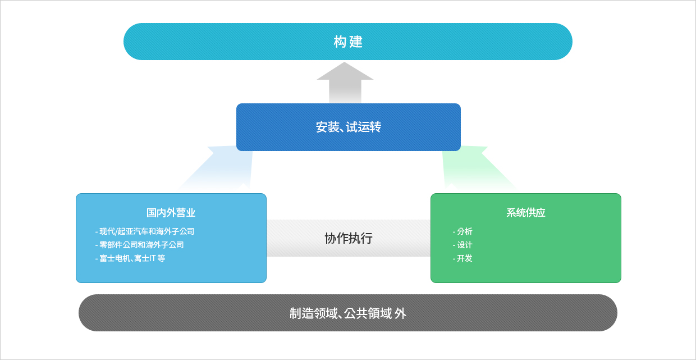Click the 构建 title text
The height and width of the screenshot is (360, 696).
[348, 42]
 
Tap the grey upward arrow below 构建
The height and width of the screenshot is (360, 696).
[345, 83]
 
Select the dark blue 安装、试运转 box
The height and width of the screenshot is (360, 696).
[349, 127]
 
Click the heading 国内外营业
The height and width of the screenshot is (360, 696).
[171, 213]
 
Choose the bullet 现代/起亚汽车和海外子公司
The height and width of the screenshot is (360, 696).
[145, 231]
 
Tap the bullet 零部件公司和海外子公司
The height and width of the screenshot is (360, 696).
[140, 245]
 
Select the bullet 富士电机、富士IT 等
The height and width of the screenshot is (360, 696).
[130, 258]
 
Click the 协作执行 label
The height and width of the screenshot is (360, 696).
[349, 238]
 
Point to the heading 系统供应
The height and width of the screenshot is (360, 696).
[526, 213]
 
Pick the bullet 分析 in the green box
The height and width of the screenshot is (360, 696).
[463, 231]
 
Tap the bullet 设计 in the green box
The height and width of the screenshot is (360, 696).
[463, 245]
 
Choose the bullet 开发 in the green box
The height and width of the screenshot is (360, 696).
[463, 258]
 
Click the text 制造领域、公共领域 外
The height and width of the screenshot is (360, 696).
[348, 313]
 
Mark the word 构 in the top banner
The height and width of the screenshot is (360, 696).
[340, 42]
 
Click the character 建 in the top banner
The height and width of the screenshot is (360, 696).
[356, 42]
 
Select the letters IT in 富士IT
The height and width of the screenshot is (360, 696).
[152, 258]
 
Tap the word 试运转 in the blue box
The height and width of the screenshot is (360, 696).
[364, 127]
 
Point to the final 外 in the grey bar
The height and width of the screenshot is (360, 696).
[401, 313]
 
